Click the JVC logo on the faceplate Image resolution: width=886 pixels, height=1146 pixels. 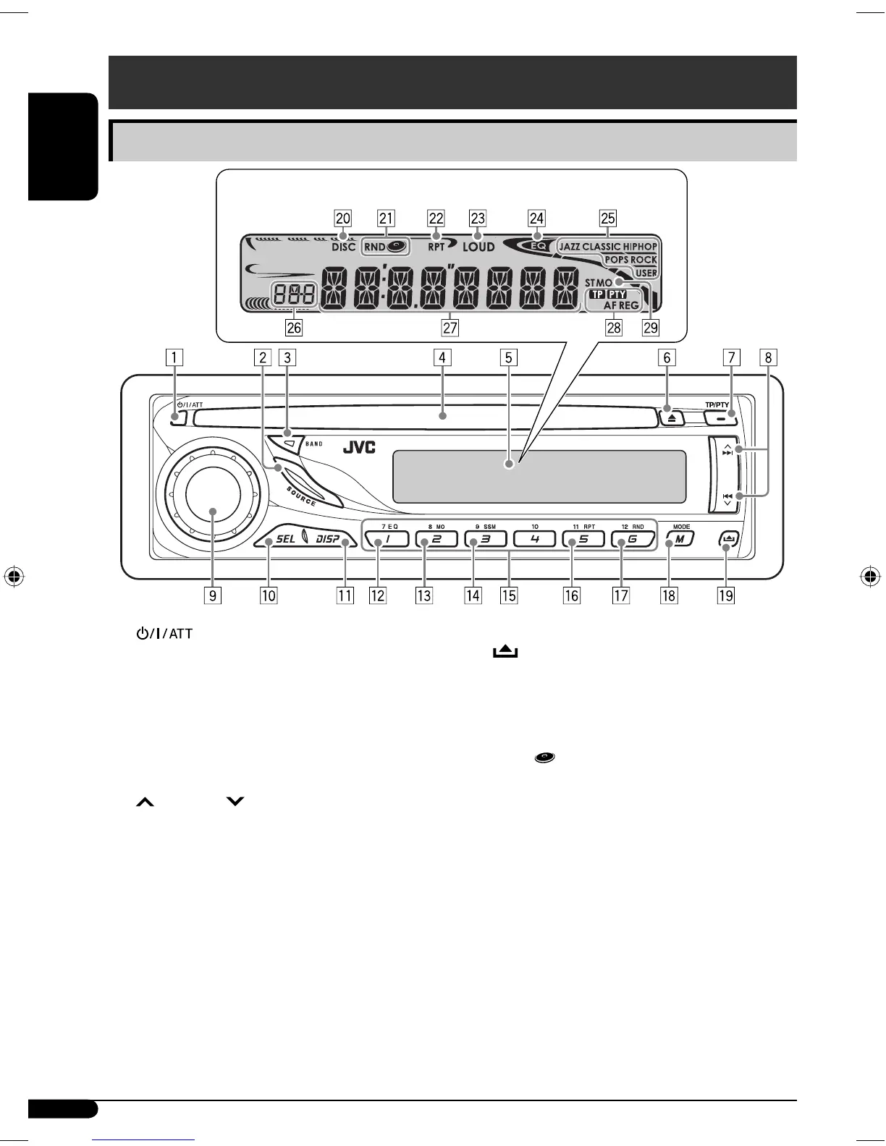click(359, 447)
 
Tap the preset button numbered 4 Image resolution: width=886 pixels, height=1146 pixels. click(534, 539)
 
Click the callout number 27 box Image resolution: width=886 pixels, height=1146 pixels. click(450, 328)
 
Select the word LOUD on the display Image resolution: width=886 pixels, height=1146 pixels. click(478, 247)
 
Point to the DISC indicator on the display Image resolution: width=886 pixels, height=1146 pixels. click(344, 247)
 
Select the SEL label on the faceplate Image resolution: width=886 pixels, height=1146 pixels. click(285, 539)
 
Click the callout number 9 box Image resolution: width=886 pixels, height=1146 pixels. click(213, 595)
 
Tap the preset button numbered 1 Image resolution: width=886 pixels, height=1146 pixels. click(387, 539)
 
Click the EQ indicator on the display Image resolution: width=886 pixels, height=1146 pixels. click(539, 245)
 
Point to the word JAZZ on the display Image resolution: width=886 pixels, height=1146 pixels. click(570, 247)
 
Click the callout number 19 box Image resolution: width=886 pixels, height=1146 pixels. click(725, 595)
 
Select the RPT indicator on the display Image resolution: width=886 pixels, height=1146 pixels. click(436, 247)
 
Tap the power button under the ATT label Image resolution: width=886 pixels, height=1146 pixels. click(177, 417)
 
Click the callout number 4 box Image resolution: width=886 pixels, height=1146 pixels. click(442, 357)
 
